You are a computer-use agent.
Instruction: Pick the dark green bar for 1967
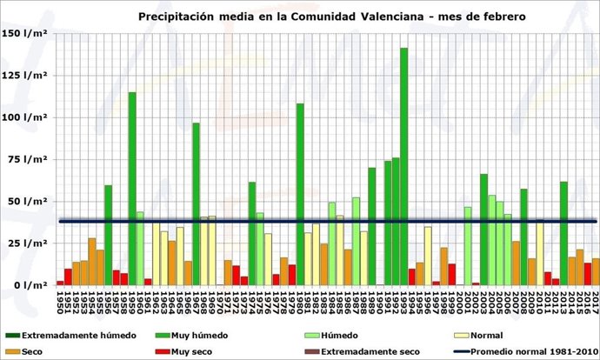tap(197, 203)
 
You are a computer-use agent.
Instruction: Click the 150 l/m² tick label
tap(25, 33)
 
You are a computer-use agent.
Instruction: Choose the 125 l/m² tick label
tap(25, 75)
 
